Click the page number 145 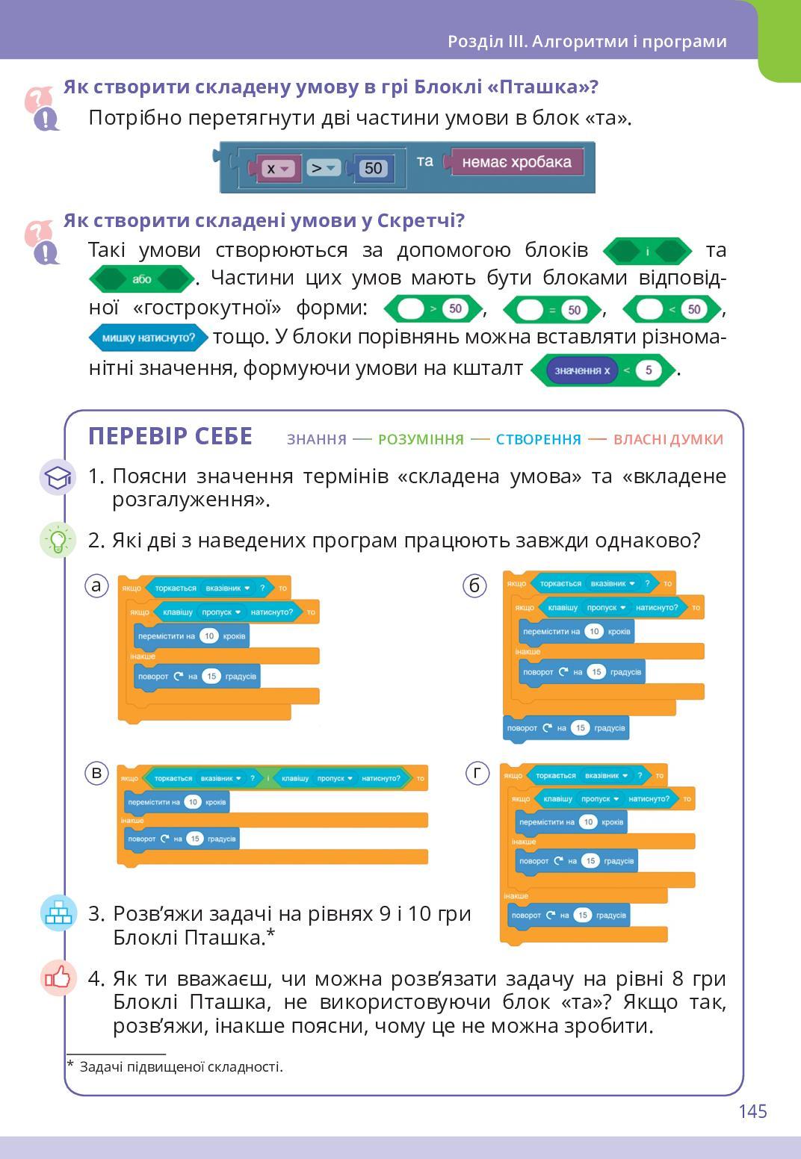coord(752,1111)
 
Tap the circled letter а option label coord(96,585)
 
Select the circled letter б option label coord(474,585)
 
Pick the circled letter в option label coord(96,772)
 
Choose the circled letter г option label coord(477,772)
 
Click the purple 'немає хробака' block coord(516,163)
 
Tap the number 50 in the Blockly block coord(373,168)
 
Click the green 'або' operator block coord(141,279)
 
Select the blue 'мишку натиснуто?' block coord(148,338)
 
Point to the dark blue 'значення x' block coord(581,370)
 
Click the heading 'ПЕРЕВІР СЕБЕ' coord(170,436)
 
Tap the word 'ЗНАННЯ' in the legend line coord(317,439)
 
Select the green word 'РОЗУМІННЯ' coord(421,439)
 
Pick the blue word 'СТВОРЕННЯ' coord(538,439)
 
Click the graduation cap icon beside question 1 coord(58,477)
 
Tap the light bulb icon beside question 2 coord(58,539)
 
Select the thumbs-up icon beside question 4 coord(58,978)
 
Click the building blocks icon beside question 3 coord(58,913)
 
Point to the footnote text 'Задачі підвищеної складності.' coord(181,1066)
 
